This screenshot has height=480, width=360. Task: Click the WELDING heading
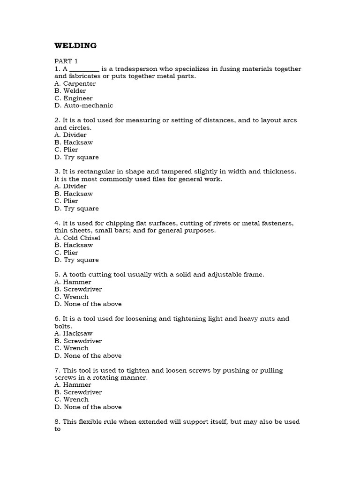click(75, 45)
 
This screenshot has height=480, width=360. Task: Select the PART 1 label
click(66, 61)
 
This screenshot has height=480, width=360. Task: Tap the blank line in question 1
click(84, 69)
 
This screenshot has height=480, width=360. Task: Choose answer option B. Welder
click(70, 91)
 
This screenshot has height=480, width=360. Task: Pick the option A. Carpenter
click(75, 83)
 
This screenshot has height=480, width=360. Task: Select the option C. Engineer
click(74, 98)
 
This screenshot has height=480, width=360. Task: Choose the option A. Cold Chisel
click(77, 238)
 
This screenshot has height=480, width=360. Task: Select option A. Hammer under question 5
click(73, 282)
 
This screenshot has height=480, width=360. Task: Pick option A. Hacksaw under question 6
click(74, 333)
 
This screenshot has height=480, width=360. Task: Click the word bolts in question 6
click(63, 326)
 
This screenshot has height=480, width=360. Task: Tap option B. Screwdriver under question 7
click(78, 392)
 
